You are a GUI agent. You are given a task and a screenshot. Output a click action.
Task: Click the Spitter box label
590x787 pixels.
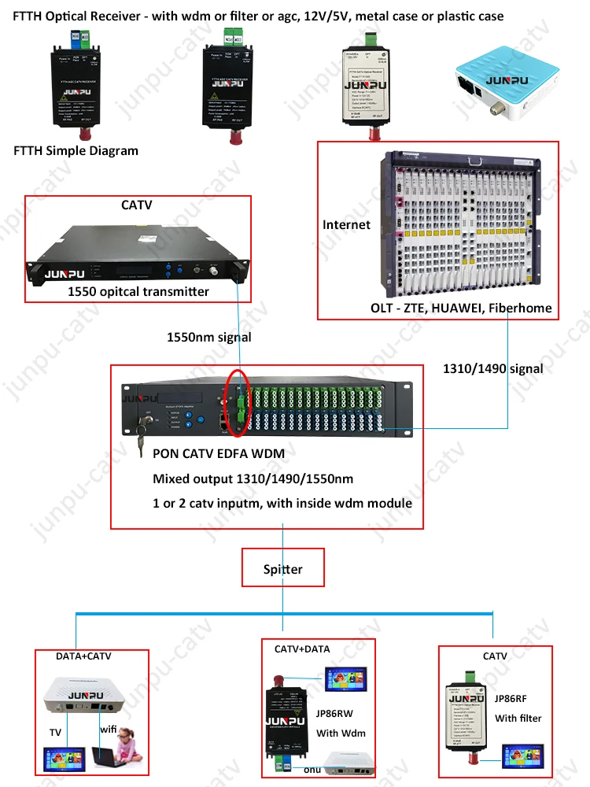pos(283,568)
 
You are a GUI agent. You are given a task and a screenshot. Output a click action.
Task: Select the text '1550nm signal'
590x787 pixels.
pos(209,337)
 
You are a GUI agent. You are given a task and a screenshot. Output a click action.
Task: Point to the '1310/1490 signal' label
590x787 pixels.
pos(493,368)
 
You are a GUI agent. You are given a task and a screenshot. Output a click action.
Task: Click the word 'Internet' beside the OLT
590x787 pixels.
pos(346,225)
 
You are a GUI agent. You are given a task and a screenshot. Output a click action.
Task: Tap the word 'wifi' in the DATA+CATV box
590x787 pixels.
pos(109,730)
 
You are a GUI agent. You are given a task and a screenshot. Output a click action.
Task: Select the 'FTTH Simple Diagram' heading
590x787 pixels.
pos(76,151)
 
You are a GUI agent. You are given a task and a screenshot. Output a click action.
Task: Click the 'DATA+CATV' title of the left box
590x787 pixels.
pos(82,656)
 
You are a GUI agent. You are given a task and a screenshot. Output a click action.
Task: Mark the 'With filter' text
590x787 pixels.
pos(518,718)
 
